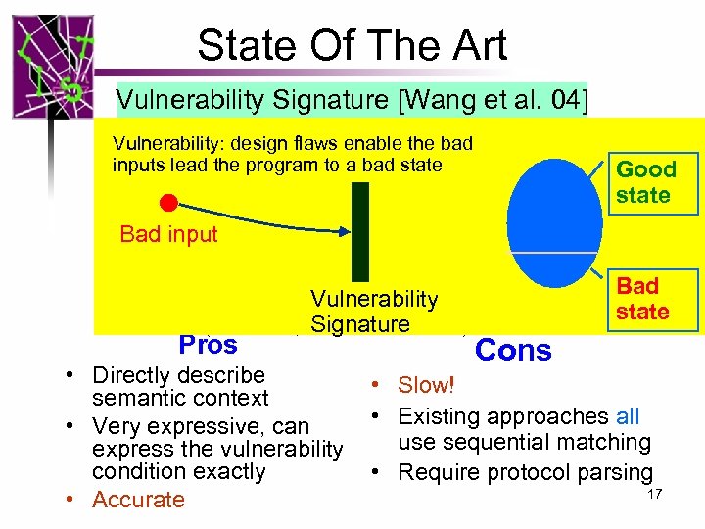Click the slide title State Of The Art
pyautogui.click(x=352, y=46)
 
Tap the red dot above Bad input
pyautogui.click(x=168, y=203)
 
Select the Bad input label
pyautogui.click(x=168, y=234)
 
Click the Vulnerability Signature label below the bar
pyautogui.click(x=374, y=312)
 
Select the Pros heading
pyautogui.click(x=208, y=345)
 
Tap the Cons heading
pyautogui.click(x=513, y=351)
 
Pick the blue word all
pyautogui.click(x=628, y=416)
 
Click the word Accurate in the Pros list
pyautogui.click(x=138, y=500)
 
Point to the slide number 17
pyautogui.click(x=655, y=494)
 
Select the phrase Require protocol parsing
pyautogui.click(x=525, y=472)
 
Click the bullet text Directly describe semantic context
pyautogui.click(x=179, y=387)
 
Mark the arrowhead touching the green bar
pyautogui.click(x=345, y=232)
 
